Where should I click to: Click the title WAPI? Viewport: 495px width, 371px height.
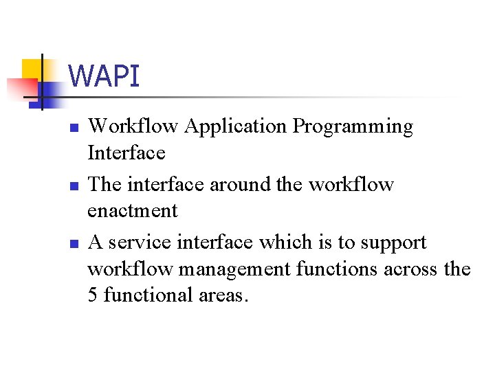click(x=104, y=76)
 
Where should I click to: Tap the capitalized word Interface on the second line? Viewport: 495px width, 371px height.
click(x=126, y=153)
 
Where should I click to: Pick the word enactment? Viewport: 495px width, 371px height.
click(x=133, y=211)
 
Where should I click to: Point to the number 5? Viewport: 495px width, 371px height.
click(x=93, y=295)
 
